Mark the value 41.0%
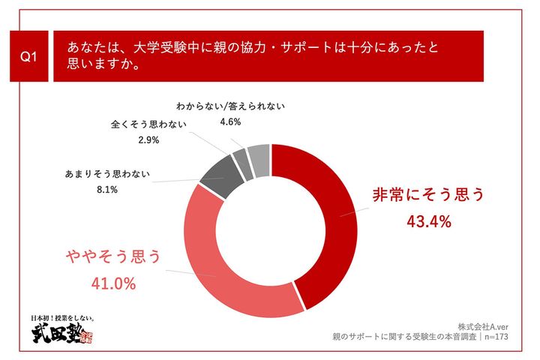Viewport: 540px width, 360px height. click(x=112, y=284)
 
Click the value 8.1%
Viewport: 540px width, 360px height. click(x=107, y=190)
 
